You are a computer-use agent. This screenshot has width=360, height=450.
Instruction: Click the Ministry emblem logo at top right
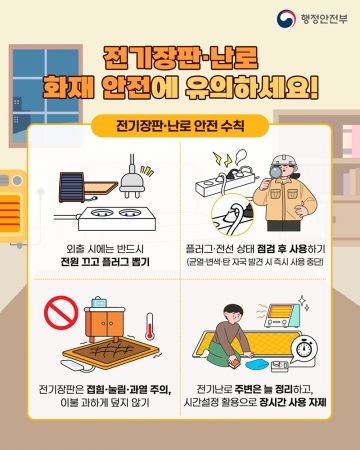pyautogui.click(x=286, y=19)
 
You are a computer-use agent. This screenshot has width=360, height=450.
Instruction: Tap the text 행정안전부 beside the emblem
pyautogui.click(x=324, y=19)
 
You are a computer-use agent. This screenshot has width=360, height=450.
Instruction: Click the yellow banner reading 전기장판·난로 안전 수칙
pyautogui.click(x=180, y=126)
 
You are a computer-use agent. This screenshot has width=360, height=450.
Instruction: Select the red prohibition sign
pyautogui.click(x=61, y=313)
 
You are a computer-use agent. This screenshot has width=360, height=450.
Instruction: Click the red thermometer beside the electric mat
pyautogui.click(x=149, y=326)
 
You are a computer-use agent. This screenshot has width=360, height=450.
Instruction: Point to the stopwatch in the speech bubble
pyautogui.click(x=304, y=349)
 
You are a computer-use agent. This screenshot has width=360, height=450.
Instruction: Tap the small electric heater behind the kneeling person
pyautogui.click(x=282, y=315)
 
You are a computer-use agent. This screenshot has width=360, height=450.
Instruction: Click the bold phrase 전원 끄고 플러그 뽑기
pyautogui.click(x=105, y=262)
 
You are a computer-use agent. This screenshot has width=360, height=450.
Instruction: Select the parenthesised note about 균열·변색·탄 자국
pyautogui.click(x=255, y=262)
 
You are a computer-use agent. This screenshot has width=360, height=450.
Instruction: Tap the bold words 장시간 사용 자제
pyautogui.click(x=293, y=402)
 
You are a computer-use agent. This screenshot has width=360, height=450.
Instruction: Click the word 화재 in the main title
pyautogui.click(x=69, y=87)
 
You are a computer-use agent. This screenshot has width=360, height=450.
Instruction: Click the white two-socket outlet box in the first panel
pyautogui.click(x=117, y=218)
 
